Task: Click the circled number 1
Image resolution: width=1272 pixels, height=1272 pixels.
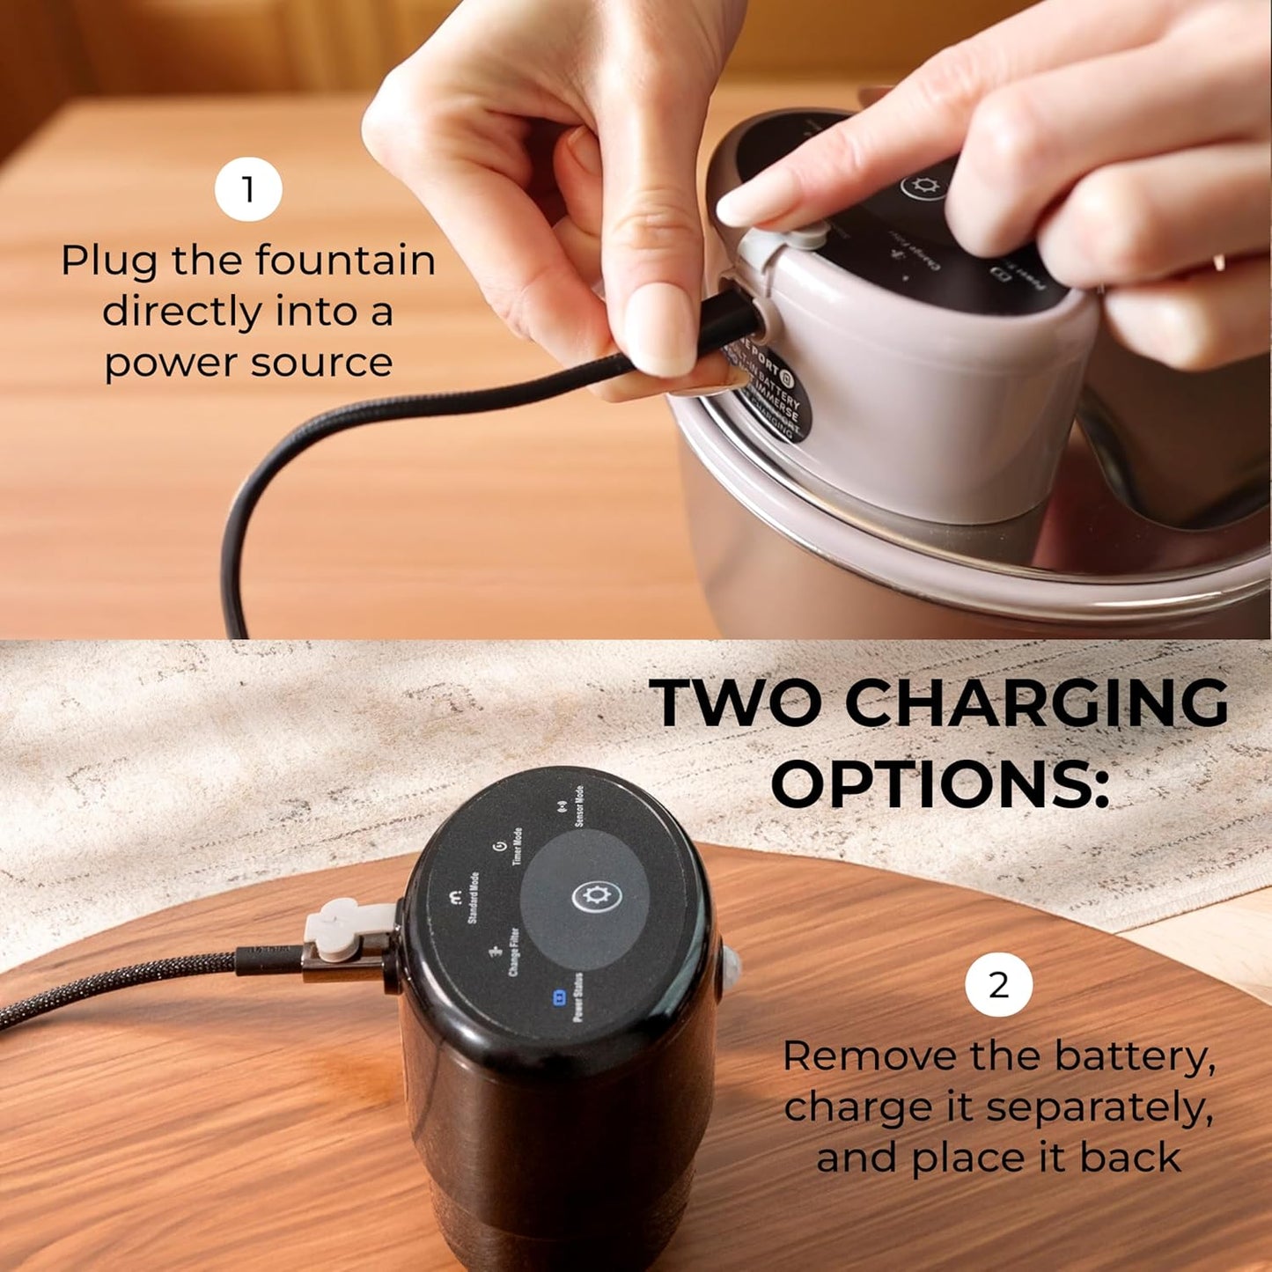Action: click(248, 189)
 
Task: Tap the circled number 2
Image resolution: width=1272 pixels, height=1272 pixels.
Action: click(998, 985)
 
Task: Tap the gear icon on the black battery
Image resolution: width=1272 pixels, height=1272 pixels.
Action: click(597, 897)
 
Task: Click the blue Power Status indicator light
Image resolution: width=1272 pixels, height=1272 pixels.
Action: click(557, 998)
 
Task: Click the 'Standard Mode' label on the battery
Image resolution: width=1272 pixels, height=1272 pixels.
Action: click(472, 898)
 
